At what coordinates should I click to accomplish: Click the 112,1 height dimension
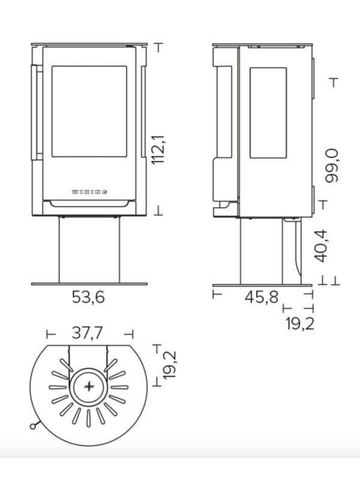[158, 149]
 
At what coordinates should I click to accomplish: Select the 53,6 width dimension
[88, 297]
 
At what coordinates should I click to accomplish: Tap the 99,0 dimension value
[331, 166]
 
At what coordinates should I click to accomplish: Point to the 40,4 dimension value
[321, 246]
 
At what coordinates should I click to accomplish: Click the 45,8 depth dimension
[262, 297]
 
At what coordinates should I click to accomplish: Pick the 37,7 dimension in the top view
[87, 333]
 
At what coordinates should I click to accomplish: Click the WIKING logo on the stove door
[89, 192]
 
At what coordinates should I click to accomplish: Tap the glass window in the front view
[89, 112]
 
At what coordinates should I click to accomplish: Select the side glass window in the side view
[268, 113]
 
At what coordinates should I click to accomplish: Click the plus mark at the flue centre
[89, 386]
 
